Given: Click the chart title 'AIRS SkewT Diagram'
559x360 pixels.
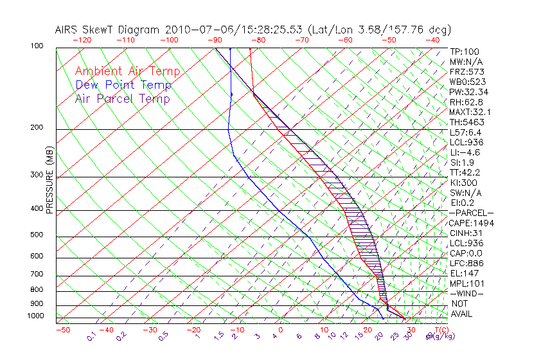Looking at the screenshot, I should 109,30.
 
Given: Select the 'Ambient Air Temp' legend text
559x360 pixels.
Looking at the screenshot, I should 128,71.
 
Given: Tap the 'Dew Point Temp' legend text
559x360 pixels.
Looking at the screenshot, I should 123,85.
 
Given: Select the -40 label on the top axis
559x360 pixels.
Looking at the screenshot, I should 432,40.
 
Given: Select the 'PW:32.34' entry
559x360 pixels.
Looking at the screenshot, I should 468,92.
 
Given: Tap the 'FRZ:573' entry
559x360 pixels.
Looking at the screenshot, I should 465,72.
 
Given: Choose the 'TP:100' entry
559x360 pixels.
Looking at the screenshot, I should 463,52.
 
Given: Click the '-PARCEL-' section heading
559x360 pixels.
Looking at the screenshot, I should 471,213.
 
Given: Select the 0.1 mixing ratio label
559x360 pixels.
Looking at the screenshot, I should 91,335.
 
